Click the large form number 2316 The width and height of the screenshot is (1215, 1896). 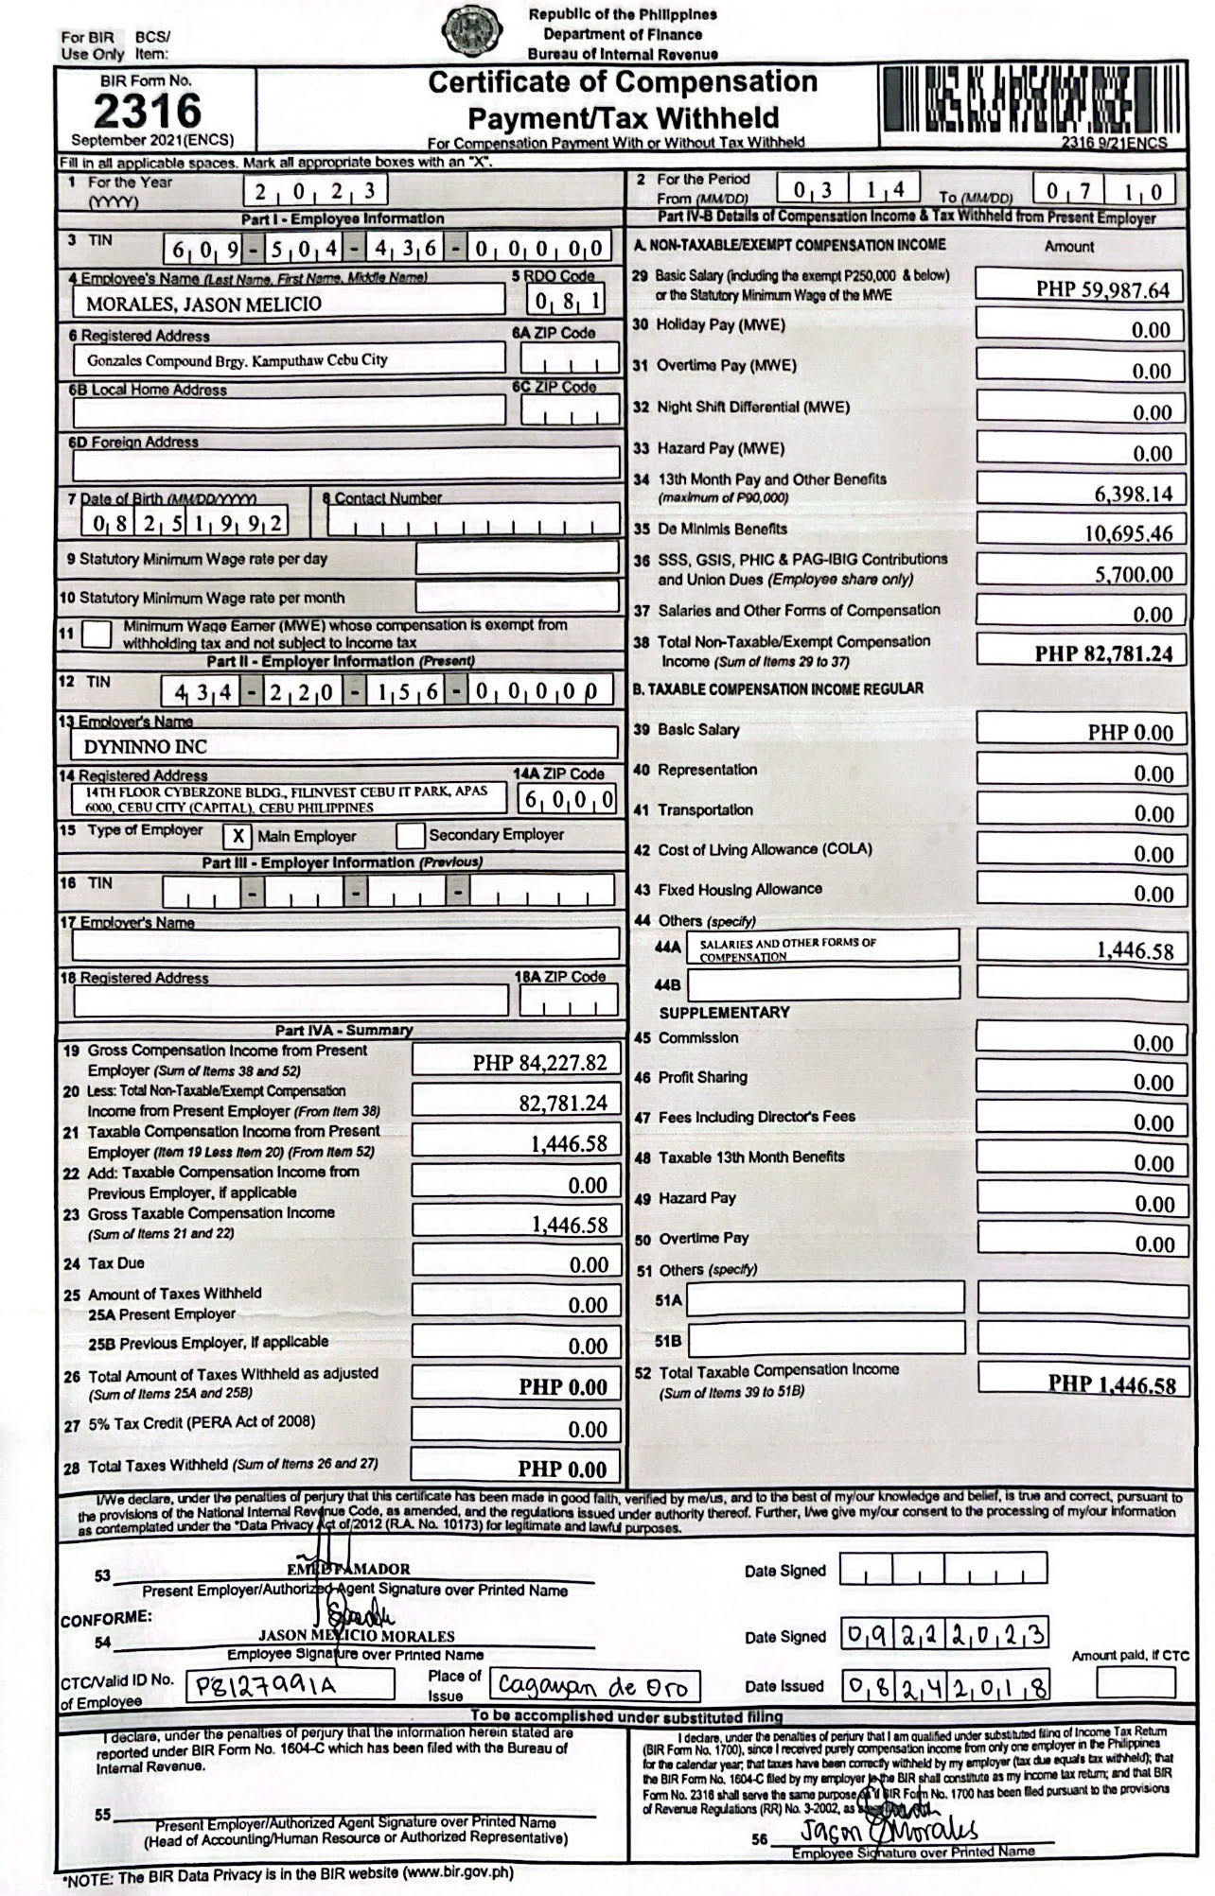[148, 112]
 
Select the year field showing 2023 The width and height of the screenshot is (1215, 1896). [314, 192]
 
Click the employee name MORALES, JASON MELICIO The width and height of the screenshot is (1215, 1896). [203, 304]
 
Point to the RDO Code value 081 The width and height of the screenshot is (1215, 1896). [566, 303]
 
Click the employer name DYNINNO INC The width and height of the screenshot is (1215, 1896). [146, 746]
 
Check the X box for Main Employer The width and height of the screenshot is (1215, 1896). [238, 836]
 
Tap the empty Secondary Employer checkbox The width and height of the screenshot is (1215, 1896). [410, 836]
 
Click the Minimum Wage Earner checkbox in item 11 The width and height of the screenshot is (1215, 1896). [97, 634]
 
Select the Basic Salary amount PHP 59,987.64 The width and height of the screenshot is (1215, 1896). [1102, 289]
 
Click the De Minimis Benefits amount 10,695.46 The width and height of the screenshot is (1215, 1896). [1128, 533]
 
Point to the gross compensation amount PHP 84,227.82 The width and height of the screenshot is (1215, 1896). [539, 1063]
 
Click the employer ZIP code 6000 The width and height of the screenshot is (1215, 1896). [567, 801]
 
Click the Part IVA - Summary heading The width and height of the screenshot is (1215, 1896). [343, 1030]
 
